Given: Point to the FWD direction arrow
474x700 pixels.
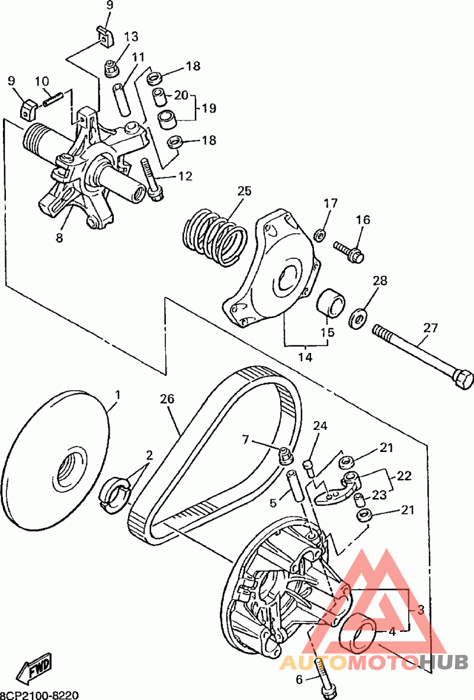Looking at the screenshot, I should click(35, 666).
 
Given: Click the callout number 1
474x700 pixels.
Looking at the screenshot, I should click(117, 394).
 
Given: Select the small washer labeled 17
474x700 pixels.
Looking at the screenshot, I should click(318, 235).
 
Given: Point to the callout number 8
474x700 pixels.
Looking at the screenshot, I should click(59, 239).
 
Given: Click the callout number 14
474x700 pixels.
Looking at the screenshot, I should click(305, 357).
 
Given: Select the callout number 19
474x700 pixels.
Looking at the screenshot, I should click(208, 108).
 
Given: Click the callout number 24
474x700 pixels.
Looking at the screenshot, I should click(321, 426).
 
